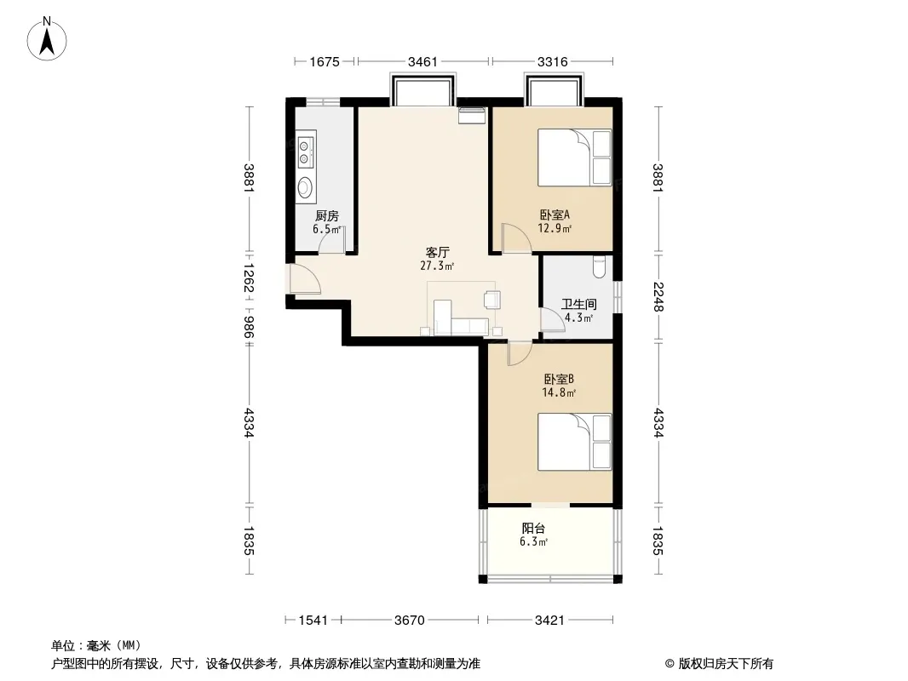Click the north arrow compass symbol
coord(47,39)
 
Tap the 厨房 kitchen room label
coord(326,216)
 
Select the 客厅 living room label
coord(437,253)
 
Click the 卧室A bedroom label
coord(555,215)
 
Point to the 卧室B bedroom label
coord(559,380)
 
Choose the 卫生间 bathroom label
coord(578,305)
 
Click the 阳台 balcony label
coord(533,529)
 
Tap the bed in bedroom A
coord(574,157)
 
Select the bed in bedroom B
coord(574,442)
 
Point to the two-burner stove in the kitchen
coord(305,151)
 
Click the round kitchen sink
coord(305,187)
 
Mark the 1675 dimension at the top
coord(325,61)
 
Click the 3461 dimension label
coord(422,61)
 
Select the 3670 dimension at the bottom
coord(410,621)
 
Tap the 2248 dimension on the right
coord(658,296)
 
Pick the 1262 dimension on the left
coord(249,278)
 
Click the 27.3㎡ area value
coord(437,266)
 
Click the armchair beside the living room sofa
coord(492,299)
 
